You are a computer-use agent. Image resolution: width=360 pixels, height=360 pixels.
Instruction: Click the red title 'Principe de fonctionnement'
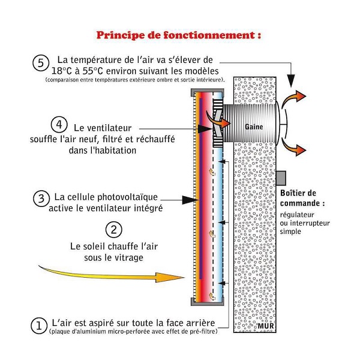179,34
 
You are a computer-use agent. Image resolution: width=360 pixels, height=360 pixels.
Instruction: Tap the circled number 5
40,62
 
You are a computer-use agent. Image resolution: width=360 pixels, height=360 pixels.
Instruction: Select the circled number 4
58,125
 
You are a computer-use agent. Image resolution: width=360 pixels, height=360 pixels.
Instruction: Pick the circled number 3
40,199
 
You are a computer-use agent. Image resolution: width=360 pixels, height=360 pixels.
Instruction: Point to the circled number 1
39,325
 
